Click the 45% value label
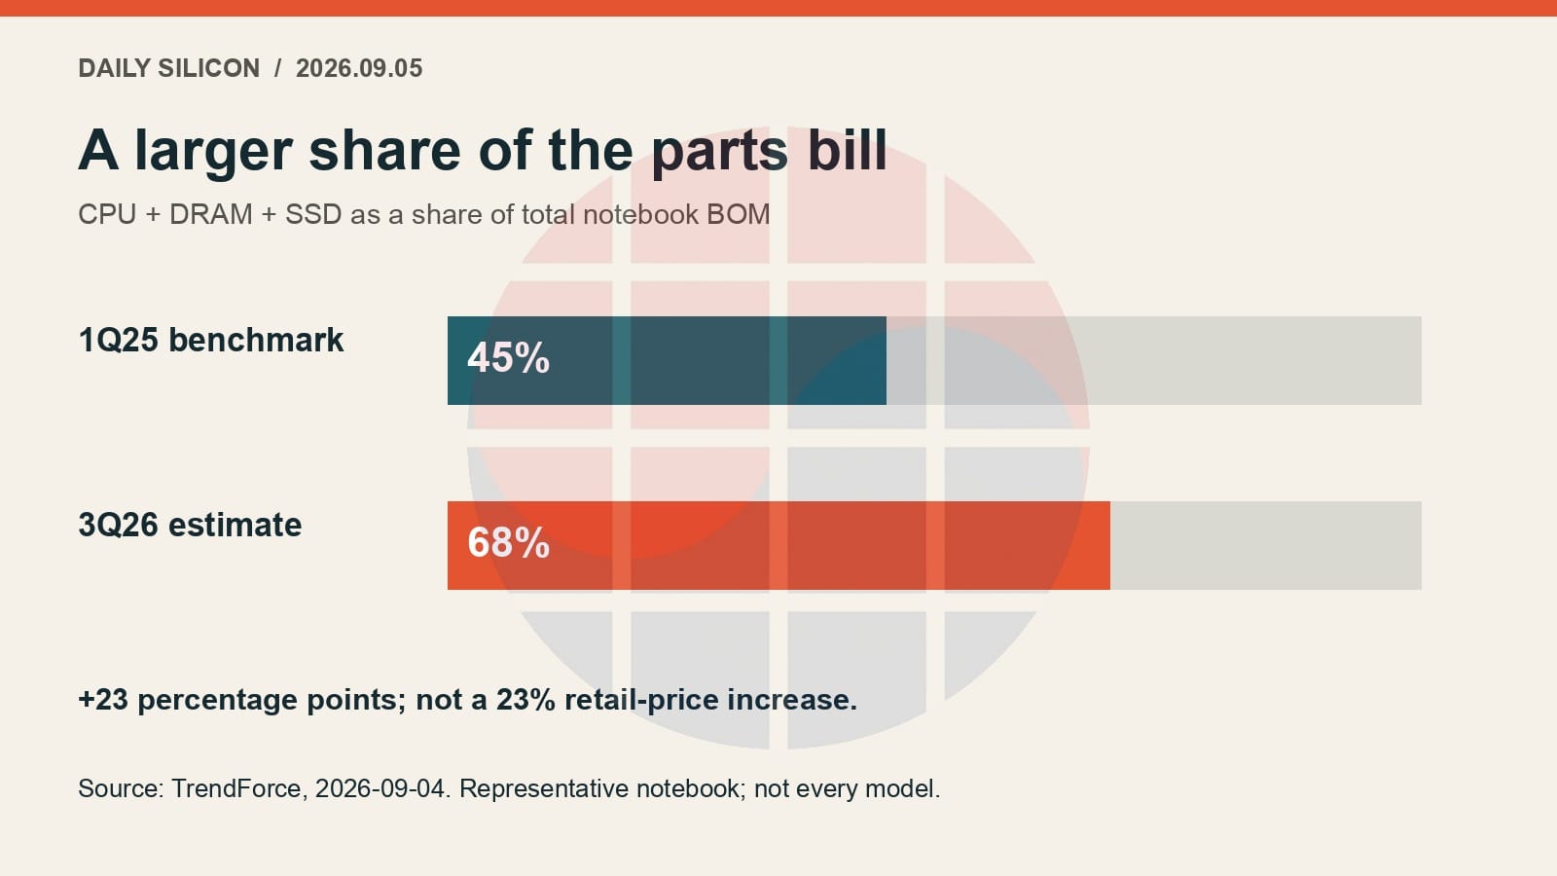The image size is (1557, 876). pos(508,358)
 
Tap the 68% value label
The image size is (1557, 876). pos(508,543)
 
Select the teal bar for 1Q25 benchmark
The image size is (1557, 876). pos(667,360)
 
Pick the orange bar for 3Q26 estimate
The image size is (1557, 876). pos(778,545)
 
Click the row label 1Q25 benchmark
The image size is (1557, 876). pos(210,341)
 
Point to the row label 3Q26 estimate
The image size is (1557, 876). pos(190,525)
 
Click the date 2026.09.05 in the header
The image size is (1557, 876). pos(359,68)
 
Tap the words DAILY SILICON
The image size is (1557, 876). pos(169,68)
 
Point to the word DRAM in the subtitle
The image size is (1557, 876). pos(210,214)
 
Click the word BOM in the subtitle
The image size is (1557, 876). pos(739,214)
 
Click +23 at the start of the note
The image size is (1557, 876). pos(103,700)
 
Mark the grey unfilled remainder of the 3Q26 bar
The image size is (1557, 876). pos(1266,545)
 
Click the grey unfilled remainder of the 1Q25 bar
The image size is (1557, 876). pos(1154,360)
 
